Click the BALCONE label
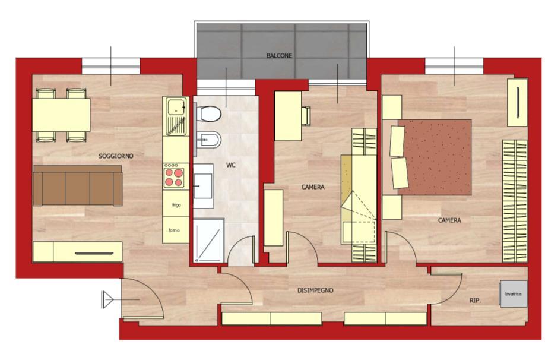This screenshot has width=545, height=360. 279,55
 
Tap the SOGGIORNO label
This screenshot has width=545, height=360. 116,156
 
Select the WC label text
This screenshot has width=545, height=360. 231,165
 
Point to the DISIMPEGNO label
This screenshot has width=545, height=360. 315,290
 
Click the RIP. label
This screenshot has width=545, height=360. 475,301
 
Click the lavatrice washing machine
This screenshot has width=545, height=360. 513,293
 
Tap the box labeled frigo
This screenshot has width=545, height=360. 176,205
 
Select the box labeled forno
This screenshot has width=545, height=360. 175,230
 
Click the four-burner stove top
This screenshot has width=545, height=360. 175,177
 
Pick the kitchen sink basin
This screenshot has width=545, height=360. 176,108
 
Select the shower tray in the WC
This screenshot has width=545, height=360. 208,241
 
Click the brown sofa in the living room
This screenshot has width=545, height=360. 77,186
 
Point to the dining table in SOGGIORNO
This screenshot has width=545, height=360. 61,115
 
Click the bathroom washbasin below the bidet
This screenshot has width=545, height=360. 202,186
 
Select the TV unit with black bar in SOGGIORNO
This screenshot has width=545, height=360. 78,252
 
